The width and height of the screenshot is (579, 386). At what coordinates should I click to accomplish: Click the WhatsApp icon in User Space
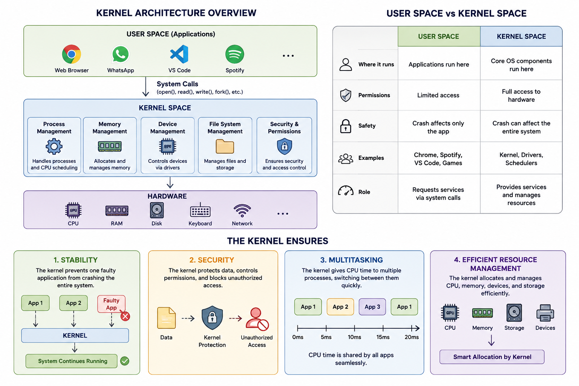120,54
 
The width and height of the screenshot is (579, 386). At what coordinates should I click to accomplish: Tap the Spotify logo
234,54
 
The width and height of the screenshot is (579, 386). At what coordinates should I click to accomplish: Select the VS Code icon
179,54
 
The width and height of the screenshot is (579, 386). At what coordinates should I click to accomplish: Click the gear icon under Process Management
54,146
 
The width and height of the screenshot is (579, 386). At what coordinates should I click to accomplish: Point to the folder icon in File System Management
225,146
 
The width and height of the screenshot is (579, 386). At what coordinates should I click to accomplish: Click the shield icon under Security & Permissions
284,146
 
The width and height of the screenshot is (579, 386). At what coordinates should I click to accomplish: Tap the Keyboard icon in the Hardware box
200,211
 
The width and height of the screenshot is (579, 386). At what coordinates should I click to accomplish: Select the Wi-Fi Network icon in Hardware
242,211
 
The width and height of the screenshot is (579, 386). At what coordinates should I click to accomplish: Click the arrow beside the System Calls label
146,87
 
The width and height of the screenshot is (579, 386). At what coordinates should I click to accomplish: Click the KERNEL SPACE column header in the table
521,37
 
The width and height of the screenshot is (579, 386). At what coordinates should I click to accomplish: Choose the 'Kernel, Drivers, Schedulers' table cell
521,159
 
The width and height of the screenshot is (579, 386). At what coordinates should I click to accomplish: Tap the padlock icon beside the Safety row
346,126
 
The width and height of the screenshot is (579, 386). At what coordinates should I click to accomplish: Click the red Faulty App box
112,304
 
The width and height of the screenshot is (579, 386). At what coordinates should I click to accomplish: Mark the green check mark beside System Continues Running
125,361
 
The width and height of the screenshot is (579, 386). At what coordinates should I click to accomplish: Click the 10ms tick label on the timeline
354,337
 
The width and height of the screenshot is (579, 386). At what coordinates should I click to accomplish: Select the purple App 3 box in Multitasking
372,307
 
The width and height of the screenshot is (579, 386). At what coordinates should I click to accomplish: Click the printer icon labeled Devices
545,313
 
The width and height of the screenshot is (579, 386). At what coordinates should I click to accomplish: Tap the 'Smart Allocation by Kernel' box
492,357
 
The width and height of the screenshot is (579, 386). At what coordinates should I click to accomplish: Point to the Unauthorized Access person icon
257,319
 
